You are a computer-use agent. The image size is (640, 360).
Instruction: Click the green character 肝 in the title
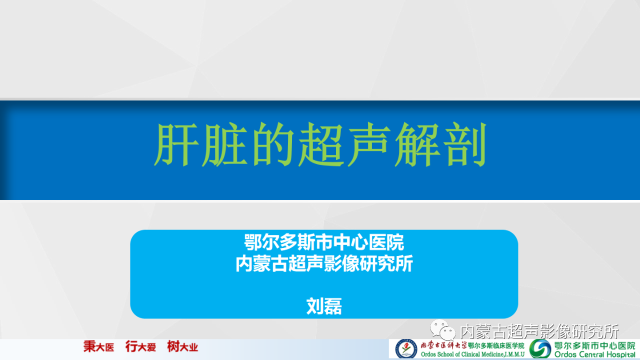pyautogui.click(x=176, y=144)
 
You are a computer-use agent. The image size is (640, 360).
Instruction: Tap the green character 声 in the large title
pyautogui.click(x=369, y=144)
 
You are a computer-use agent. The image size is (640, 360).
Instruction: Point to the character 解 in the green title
pyautogui.click(x=417, y=144)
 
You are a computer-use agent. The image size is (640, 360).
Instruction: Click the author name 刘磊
pyautogui.click(x=324, y=306)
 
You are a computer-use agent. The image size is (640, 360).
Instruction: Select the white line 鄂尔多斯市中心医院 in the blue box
pyautogui.click(x=324, y=242)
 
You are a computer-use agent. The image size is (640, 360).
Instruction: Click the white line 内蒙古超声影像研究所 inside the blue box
pyautogui.click(x=324, y=263)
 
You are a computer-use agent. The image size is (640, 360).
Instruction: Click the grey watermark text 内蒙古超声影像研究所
pyautogui.click(x=539, y=331)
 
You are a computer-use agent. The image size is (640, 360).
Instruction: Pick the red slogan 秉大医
pyautogui.click(x=99, y=347)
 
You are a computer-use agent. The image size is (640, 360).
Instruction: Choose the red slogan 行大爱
pyautogui.click(x=140, y=347)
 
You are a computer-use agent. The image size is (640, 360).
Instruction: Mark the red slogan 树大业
pyautogui.click(x=182, y=347)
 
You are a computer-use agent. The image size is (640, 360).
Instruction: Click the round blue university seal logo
pyautogui.click(x=406, y=349)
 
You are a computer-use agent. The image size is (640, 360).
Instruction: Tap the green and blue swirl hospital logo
pyautogui.click(x=540, y=349)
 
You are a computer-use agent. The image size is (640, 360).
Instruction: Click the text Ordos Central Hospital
pyautogui.click(x=595, y=354)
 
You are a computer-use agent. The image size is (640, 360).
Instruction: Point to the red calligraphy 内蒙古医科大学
pyautogui.click(x=443, y=345)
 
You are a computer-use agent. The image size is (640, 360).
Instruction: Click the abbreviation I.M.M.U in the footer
pyautogui.click(x=515, y=354)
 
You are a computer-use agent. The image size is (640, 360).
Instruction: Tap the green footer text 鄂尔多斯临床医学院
pyautogui.click(x=496, y=345)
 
